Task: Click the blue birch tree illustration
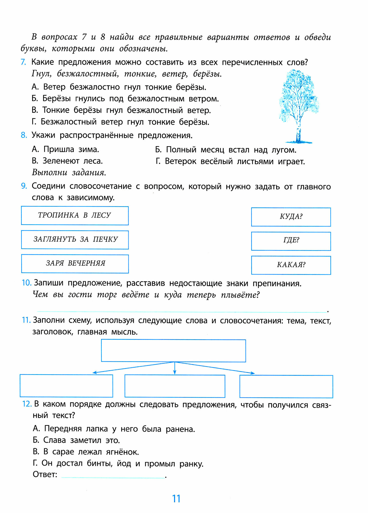click(x=298, y=105)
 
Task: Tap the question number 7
click(x=23, y=62)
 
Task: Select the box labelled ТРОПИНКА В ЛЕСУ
click(x=75, y=215)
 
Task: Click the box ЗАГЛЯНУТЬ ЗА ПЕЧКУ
click(x=75, y=240)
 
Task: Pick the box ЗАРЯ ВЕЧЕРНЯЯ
click(x=75, y=264)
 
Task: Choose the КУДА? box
click(x=291, y=217)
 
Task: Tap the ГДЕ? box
click(x=291, y=241)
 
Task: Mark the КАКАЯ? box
click(x=291, y=265)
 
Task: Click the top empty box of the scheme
click(x=173, y=351)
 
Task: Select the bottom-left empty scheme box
click(x=66, y=386)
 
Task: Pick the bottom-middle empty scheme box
click(x=175, y=386)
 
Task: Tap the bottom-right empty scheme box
click(x=286, y=386)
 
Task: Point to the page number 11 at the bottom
click(x=176, y=499)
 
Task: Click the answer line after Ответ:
click(x=113, y=476)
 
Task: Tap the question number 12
click(x=27, y=404)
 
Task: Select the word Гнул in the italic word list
click(x=41, y=74)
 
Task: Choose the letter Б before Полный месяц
click(x=158, y=150)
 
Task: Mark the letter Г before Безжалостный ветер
click(x=34, y=122)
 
